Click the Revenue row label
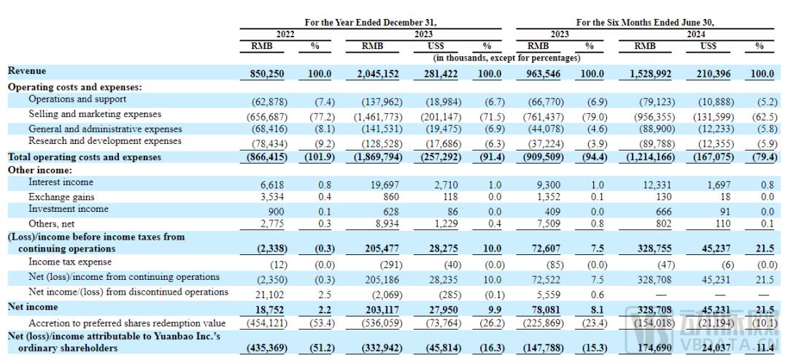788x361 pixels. pos(27,71)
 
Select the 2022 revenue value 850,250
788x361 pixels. pos(267,74)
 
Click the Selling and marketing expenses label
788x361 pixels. pos(95,114)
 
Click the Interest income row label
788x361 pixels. pos(61,182)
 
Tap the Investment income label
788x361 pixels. pos(69,208)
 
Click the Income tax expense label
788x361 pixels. pos(70,262)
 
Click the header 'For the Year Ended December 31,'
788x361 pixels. pos(371,23)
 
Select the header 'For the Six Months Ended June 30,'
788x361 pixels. pos(645,23)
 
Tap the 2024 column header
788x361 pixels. pos(696,34)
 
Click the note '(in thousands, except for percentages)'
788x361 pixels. pos(506,58)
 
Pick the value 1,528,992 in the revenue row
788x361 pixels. pos(648,74)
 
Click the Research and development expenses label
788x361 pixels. pos(105,141)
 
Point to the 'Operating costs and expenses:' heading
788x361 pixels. pos(75,87)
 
